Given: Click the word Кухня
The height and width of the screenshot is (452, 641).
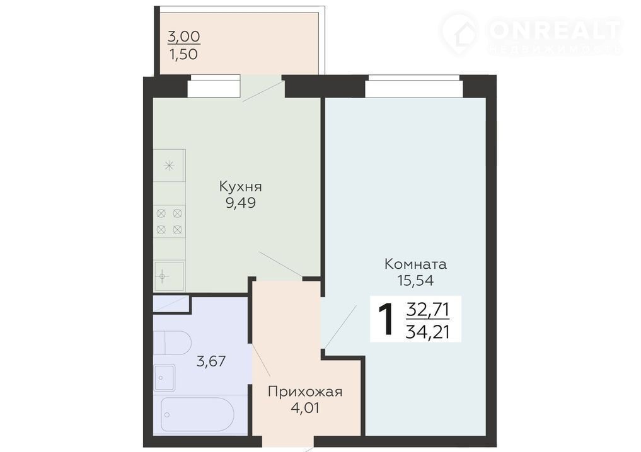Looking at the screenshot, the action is [x=240, y=187].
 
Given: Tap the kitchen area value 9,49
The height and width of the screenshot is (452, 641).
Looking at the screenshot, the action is [x=240, y=203].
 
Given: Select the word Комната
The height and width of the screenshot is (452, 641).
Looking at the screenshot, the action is [x=415, y=264].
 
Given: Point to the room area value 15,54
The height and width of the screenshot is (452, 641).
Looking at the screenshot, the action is [x=415, y=280].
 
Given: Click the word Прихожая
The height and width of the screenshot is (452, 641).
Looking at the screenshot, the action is [x=305, y=392].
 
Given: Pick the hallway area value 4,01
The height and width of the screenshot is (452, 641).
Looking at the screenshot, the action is [x=305, y=407].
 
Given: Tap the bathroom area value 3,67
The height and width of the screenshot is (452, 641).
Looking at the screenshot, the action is [x=211, y=361].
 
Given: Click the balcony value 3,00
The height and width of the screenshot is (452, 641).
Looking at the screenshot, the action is [x=184, y=37].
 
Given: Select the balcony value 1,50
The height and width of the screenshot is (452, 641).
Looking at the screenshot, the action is [x=183, y=54].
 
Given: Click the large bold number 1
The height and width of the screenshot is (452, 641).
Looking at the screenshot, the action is [x=386, y=319].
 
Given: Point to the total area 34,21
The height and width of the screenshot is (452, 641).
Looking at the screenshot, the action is [x=427, y=332].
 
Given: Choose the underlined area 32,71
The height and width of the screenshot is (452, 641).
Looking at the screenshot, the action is [x=427, y=310].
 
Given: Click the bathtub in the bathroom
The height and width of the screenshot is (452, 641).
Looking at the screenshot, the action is [x=197, y=414].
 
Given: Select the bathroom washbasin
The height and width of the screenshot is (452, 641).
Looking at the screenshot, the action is [x=165, y=378].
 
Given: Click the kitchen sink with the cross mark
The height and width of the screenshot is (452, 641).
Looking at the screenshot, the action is [x=169, y=276].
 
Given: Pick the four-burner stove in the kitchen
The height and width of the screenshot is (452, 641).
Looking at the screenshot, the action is [x=170, y=222].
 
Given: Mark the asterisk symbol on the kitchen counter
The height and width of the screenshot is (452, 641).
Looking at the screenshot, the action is [x=169, y=166].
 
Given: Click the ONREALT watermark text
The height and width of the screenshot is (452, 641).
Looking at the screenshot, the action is [x=555, y=30].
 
